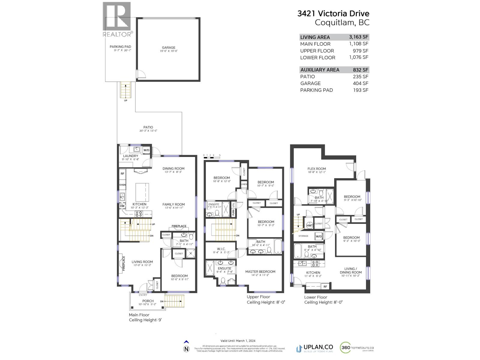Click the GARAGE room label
169,47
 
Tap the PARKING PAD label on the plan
120,46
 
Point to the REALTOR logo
117,20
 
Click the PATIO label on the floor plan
148,127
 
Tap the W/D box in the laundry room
146,150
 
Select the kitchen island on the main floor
142,192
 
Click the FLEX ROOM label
316,169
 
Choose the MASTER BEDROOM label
260,271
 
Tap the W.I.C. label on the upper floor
221,249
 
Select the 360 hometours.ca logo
357,348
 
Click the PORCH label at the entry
148,301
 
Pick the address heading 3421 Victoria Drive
333,13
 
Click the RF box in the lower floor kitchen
325,286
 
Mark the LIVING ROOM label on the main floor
142,262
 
